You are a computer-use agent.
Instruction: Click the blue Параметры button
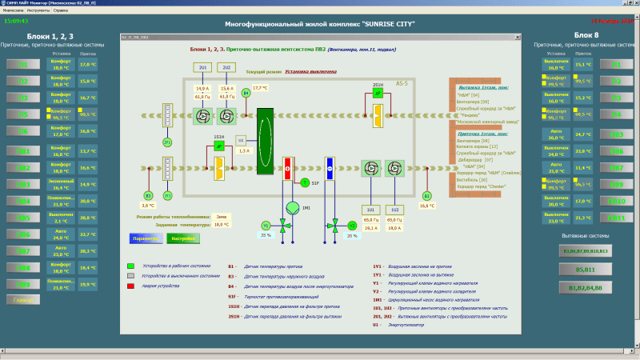point(145,238)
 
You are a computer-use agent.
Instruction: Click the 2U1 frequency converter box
point(202,67)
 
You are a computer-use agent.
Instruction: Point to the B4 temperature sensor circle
point(246,94)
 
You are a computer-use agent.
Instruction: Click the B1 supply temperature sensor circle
point(427,194)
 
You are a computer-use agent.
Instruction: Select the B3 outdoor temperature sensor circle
point(147,194)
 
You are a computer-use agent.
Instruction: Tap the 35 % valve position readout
point(266,235)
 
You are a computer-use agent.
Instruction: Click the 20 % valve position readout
point(352,235)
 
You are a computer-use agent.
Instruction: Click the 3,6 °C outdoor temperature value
point(147,205)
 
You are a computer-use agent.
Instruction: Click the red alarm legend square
point(130,286)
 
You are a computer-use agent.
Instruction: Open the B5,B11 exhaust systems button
point(591,269)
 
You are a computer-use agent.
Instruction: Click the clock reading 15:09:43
point(15,21)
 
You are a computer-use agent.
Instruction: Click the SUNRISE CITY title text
point(320,24)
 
